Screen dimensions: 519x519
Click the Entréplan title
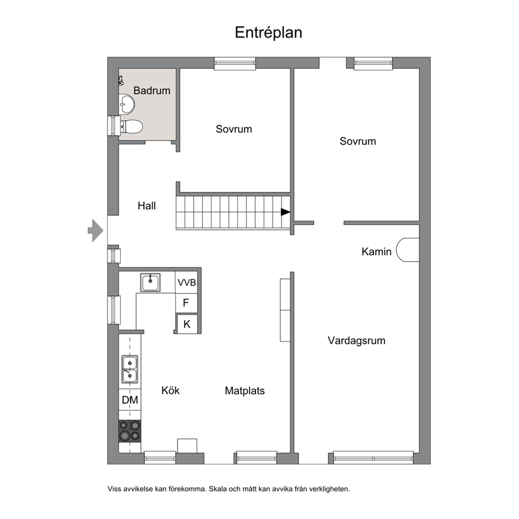tap(268, 33)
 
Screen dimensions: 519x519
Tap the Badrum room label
tap(152, 91)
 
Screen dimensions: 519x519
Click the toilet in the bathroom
tap(131, 127)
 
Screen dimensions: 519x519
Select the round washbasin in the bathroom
tap(127, 104)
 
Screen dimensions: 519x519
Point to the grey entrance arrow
tap(95, 230)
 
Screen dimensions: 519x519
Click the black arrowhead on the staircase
tap(285, 212)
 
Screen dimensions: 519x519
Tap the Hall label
tap(146, 206)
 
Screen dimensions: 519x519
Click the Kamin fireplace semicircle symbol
tap(408, 250)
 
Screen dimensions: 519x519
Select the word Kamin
tap(376, 252)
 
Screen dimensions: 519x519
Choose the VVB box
tap(186, 283)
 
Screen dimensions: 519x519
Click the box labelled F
tap(186, 303)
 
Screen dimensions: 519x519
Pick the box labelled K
tap(187, 324)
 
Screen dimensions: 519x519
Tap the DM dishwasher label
tap(130, 400)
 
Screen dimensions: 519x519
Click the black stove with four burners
tap(130, 431)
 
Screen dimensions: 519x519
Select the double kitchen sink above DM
tap(130, 369)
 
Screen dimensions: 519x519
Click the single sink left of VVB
tap(150, 283)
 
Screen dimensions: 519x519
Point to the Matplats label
tap(245, 391)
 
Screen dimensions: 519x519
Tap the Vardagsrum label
tap(356, 341)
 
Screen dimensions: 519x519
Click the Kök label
tap(171, 390)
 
